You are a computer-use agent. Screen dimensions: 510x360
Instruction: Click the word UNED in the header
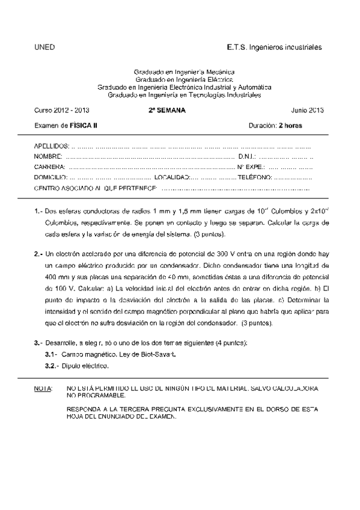pyautogui.click(x=44, y=46)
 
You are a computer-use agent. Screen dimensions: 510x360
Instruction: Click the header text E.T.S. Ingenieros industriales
pyautogui.click(x=275, y=46)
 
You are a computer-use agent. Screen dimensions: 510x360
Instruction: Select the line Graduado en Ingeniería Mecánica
pyautogui.click(x=180, y=72)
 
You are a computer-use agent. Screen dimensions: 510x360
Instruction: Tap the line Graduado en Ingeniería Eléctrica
pyautogui.click(x=180, y=79)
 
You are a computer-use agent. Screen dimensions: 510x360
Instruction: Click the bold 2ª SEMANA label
pyautogui.click(x=167, y=110)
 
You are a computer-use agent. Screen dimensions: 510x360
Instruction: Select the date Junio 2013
pyautogui.click(x=307, y=110)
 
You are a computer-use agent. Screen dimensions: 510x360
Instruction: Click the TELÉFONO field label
pyautogui.click(x=255, y=177)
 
